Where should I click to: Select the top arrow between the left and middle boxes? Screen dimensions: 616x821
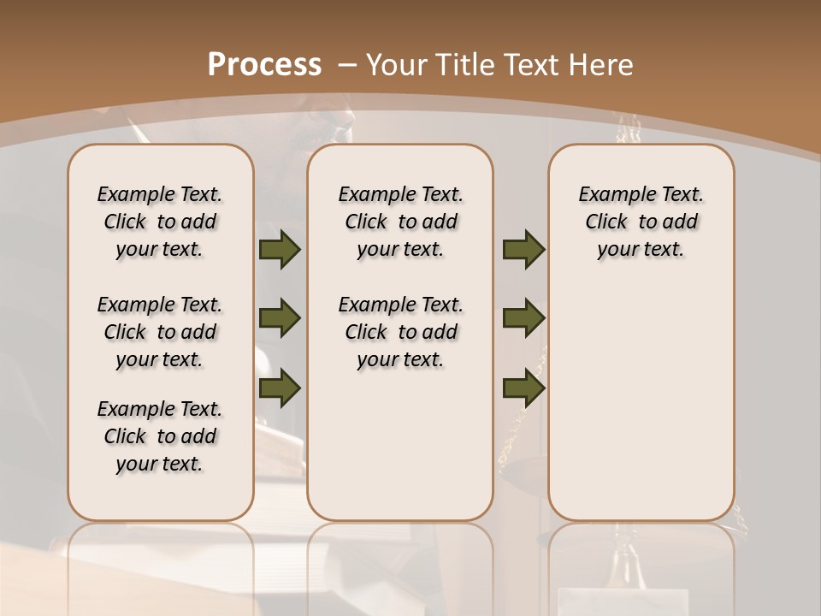coord(280,249)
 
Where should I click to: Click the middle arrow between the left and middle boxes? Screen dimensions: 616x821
coord(280,318)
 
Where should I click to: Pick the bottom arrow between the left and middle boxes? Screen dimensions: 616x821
coord(280,388)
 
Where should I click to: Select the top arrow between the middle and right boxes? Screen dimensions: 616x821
coord(523,249)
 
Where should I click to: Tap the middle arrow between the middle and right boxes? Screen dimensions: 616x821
coord(523,318)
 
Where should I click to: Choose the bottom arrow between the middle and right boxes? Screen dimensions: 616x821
coord(523,388)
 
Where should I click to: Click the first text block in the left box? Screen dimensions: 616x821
coord(160,222)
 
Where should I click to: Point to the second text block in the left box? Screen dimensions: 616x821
coord(160,332)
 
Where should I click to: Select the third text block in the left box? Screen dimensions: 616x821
coord(160,436)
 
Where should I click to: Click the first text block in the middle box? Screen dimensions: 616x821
coord(400,222)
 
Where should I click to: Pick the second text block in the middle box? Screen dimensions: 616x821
coord(400,332)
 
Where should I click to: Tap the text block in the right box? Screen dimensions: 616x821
coord(641,222)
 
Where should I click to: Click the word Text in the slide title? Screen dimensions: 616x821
coord(526,64)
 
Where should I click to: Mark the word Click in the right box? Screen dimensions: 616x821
coord(606,222)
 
